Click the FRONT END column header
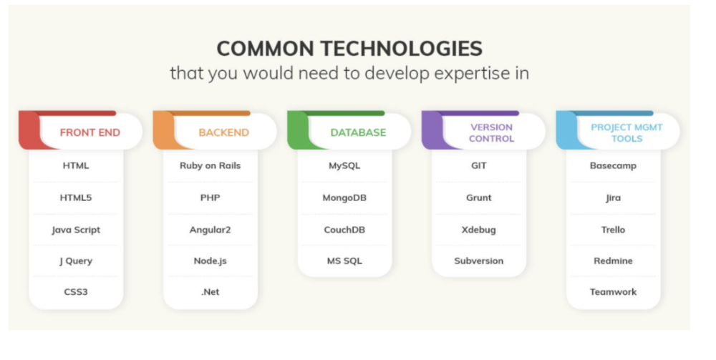[90, 132]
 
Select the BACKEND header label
[223, 132]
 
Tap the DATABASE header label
[358, 132]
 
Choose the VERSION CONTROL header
[491, 133]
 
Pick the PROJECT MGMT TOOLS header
[626, 133]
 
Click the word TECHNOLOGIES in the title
[401, 49]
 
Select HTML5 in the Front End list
[76, 198]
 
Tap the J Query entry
[76, 261]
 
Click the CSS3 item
[76, 292]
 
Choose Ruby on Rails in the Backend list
[210, 165]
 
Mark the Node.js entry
[210, 261]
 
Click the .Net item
[210, 292]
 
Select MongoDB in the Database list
[344, 198]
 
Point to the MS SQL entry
[344, 261]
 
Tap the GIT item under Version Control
[478, 165]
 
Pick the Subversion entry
[478, 261]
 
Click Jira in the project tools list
[613, 198]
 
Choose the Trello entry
[613, 230]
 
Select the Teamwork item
[613, 292]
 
